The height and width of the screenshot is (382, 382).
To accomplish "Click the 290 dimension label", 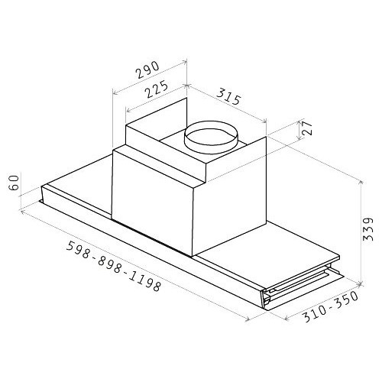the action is coord(147,70).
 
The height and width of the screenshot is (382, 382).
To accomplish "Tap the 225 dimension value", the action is coord(157,89).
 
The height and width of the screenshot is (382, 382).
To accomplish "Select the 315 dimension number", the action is coord(228,96).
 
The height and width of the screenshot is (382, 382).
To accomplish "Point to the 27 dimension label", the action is coord(306,128).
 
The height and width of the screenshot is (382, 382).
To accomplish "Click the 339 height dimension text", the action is coord(367,229).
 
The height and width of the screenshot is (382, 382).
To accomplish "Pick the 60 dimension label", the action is coord(14,183).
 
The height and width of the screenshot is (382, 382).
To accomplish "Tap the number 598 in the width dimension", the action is coord(79,250).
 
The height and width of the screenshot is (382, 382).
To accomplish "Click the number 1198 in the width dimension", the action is coord(146,282).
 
